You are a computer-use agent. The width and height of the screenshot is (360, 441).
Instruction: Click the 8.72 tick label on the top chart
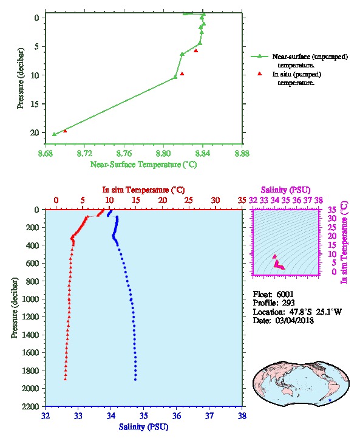pyautogui.click(x=84, y=154)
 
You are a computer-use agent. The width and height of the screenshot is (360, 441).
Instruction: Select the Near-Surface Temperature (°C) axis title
pyautogui.click(x=143, y=165)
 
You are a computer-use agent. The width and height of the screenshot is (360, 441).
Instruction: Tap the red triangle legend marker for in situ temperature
pyautogui.click(x=260, y=73)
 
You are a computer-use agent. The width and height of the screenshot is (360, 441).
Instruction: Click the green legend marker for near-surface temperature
pyautogui.click(x=260, y=56)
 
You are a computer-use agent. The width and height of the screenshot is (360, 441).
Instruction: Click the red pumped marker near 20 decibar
pyautogui.click(x=65, y=131)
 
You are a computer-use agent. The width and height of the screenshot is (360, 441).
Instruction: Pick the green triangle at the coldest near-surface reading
pyautogui.click(x=55, y=134)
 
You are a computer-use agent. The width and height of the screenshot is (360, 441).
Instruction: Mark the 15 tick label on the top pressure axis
pyautogui.click(x=35, y=104)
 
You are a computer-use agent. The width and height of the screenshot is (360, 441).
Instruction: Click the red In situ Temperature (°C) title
pyautogui.click(x=143, y=190)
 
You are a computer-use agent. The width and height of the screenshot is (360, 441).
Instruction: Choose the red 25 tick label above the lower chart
pyautogui.click(x=189, y=200)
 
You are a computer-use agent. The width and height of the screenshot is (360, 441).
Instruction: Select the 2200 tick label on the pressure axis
pyautogui.click(x=30, y=406)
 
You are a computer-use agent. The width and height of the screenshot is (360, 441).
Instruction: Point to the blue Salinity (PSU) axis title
pyautogui.click(x=143, y=427)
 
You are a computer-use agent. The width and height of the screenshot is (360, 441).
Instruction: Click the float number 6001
pyautogui.click(x=285, y=294)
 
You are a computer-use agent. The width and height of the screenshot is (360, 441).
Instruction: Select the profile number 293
pyautogui.click(x=288, y=303)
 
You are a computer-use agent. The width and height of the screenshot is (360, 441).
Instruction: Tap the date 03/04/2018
pyautogui.click(x=294, y=320)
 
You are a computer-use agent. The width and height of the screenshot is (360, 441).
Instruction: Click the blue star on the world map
pyautogui.click(x=330, y=400)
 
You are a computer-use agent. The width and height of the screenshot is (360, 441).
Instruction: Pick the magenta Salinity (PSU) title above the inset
pyautogui.click(x=285, y=190)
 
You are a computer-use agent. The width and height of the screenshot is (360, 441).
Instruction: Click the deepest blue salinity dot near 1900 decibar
pyautogui.click(x=135, y=380)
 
